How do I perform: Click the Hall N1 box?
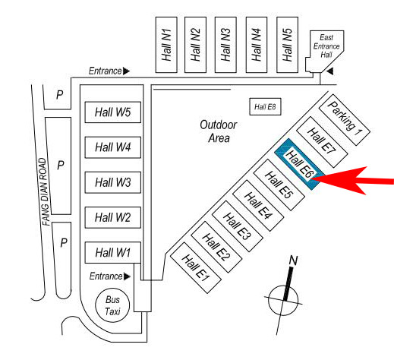pyautogui.click(x=166, y=45)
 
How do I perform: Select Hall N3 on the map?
pyautogui.click(x=225, y=45)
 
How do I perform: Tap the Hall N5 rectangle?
pyautogui.click(x=287, y=45)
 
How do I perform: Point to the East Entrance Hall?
pyautogui.click(x=325, y=51)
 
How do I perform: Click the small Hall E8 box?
pyautogui.click(x=265, y=106)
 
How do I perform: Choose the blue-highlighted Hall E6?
pyautogui.click(x=300, y=164)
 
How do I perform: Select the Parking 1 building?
pyautogui.click(x=345, y=120)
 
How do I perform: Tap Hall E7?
pyautogui.click(x=322, y=142)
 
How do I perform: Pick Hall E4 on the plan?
pyautogui.click(x=258, y=206)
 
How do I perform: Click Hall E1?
pyautogui.click(x=196, y=268)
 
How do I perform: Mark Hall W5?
pyautogui.click(x=113, y=112)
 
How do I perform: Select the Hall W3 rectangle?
pyautogui.click(x=113, y=182)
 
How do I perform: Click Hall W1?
pyautogui.click(x=113, y=252)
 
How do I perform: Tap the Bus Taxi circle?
pyautogui.click(x=112, y=305)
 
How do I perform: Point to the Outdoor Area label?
pyautogui.click(x=219, y=131)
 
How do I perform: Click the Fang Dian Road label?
pyautogui.click(x=44, y=191)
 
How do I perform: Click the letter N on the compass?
pyautogui.click(x=294, y=261)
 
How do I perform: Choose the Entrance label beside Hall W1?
pyautogui.click(x=106, y=276)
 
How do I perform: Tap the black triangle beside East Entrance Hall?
pyautogui.click(x=329, y=71)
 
